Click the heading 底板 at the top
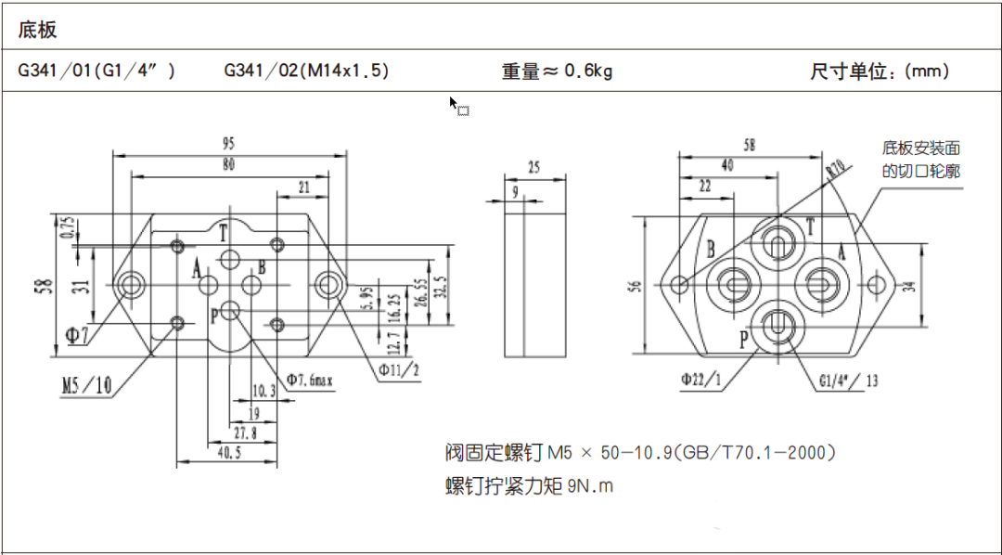click(x=38, y=30)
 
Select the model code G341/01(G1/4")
click(x=96, y=71)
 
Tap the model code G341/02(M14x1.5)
click(x=306, y=71)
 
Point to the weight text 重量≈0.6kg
click(x=557, y=71)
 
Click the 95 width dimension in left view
click(x=229, y=144)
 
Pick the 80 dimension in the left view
click(x=229, y=165)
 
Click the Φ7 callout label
click(x=81, y=335)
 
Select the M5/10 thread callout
click(x=87, y=385)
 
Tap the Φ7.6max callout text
click(x=309, y=381)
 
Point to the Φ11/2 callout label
click(x=399, y=369)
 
